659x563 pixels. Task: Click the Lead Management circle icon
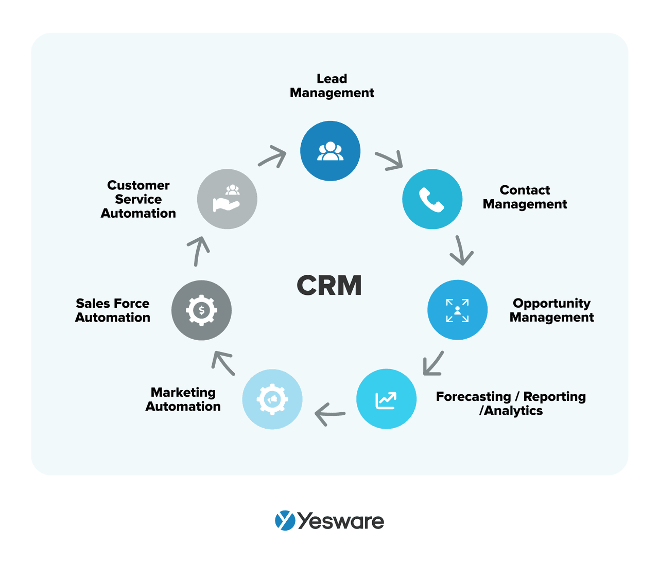tap(330, 151)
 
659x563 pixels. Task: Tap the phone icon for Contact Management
tap(432, 199)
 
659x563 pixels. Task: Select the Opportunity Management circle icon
tap(457, 310)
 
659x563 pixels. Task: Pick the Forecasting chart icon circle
tap(386, 399)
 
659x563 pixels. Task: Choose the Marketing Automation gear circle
tap(272, 399)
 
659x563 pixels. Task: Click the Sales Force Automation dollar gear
tap(201, 310)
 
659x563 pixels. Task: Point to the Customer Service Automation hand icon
tap(227, 199)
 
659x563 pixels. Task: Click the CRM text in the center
tap(329, 286)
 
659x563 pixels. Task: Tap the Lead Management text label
tap(332, 86)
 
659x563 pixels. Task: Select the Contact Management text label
tap(525, 197)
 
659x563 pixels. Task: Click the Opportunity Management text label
tap(551, 310)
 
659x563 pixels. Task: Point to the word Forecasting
tap(473, 397)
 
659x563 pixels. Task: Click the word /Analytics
tap(511, 411)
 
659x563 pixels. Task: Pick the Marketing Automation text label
tap(183, 399)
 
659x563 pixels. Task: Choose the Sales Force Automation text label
tap(113, 310)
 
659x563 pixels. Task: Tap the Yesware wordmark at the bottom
tap(340, 521)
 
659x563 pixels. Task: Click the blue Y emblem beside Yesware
tap(285, 520)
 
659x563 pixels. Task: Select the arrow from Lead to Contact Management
tap(389, 161)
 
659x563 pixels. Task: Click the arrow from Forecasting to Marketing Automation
tap(329, 414)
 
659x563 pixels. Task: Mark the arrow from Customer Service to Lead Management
tap(272, 156)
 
